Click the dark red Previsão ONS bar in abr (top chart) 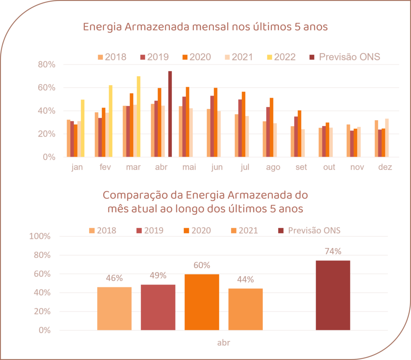pyautogui.click(x=170, y=114)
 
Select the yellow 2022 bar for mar pyautogui.click(x=138, y=117)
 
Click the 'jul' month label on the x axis pyautogui.click(x=245, y=168)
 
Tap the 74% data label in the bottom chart pyautogui.click(x=333, y=252)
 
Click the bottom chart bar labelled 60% pyautogui.click(x=202, y=302)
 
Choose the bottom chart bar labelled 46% pyautogui.click(x=114, y=308)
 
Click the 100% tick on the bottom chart pyautogui.click(x=40, y=236)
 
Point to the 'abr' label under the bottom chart pyautogui.click(x=224, y=343)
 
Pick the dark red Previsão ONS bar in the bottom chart pyautogui.click(x=333, y=295)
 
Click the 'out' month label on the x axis pyautogui.click(x=329, y=168)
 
